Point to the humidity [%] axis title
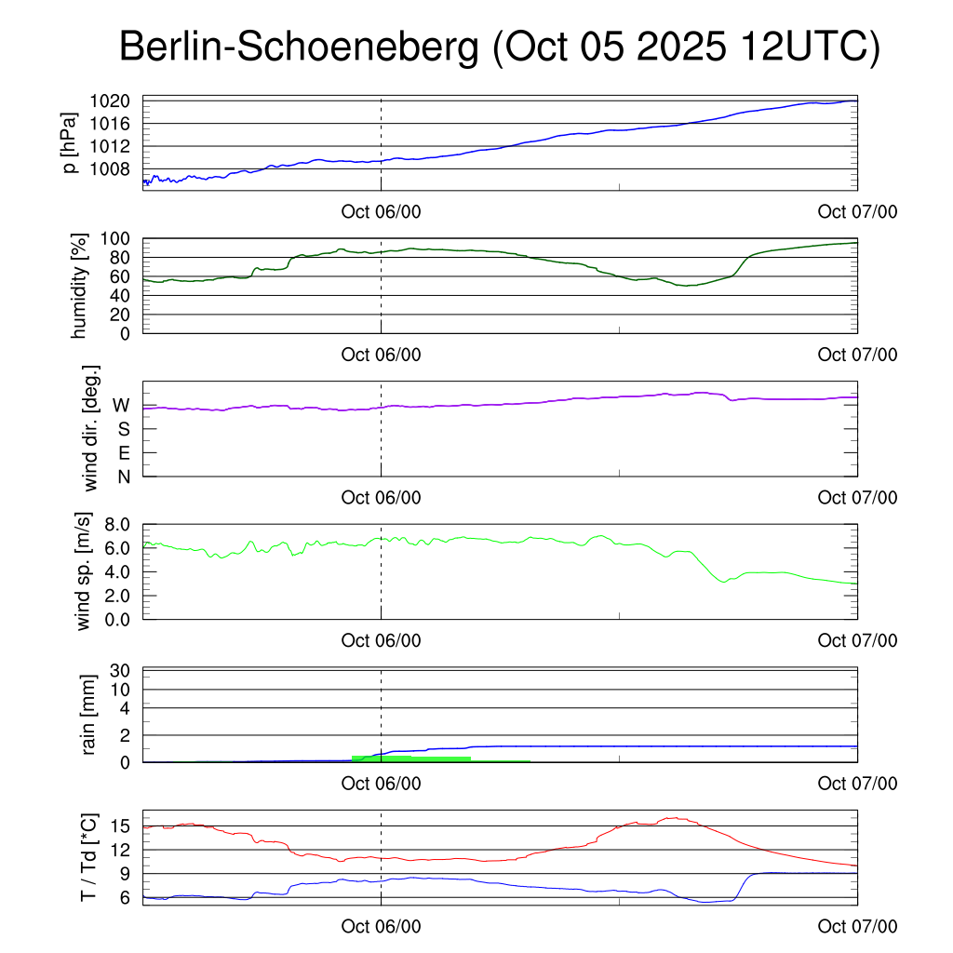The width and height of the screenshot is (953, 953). pos(80,286)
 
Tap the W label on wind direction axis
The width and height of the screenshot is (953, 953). pos(121,406)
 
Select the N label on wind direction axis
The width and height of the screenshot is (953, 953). pos(123,476)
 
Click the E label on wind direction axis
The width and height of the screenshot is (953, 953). pos(123,453)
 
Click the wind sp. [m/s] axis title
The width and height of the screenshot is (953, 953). pos(86,570)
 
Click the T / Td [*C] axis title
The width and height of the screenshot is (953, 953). pos(89,857)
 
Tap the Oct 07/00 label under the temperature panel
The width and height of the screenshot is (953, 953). pos(857,926)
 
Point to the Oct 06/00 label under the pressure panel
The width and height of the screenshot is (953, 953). pos(381,212)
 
